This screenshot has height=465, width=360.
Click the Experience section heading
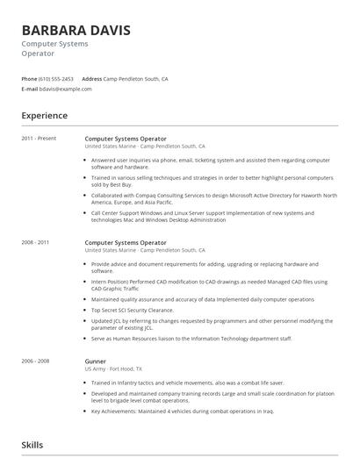pos(44,116)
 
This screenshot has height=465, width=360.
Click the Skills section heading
pos(32,445)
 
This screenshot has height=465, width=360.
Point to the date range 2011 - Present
pos(39,139)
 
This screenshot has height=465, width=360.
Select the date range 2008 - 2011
pos(36,242)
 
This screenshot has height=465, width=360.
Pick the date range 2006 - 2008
pos(36,361)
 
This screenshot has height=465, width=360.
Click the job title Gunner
pos(95,361)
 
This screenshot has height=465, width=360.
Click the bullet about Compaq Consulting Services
pos(211,197)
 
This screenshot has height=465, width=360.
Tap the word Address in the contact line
pos(91,79)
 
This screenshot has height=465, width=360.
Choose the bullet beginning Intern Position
pos(209,284)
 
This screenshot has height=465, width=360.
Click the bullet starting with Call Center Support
pos(209,216)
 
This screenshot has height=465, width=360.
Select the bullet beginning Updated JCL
pos(211,324)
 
